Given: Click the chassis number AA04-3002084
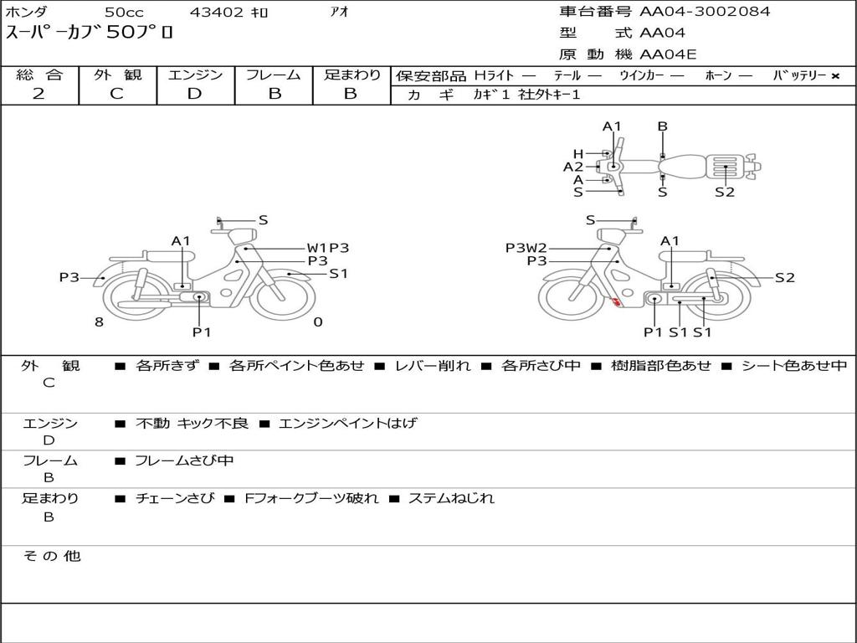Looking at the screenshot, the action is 705,12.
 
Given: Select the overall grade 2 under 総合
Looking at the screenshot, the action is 38,94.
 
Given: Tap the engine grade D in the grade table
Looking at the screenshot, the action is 194,94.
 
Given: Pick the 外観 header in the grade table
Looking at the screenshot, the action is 117,75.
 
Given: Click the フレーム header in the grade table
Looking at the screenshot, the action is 274,75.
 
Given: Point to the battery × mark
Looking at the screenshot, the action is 835,76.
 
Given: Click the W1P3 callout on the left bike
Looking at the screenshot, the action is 328,248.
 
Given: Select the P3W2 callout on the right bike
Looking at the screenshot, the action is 526,248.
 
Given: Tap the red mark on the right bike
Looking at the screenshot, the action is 616,301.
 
